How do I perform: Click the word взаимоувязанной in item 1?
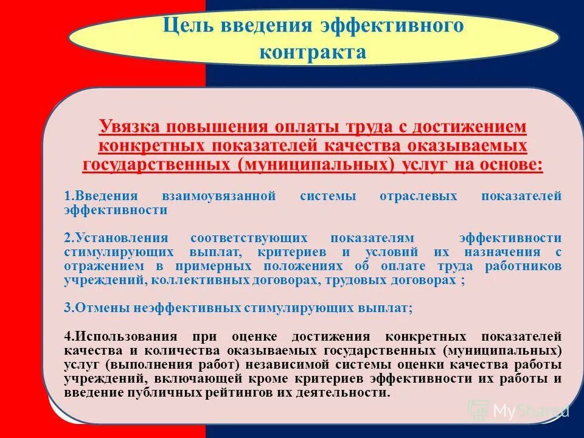[220, 196]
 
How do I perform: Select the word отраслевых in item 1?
[414, 196]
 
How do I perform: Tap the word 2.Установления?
[115, 238]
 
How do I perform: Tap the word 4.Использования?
[120, 336]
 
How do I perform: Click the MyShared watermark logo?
[517, 411]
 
